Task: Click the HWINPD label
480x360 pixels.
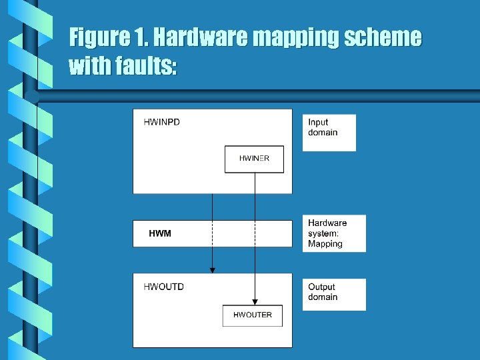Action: (161, 122)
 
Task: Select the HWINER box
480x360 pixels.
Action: (254, 159)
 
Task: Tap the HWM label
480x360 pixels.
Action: (160, 233)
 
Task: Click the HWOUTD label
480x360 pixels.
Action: (163, 287)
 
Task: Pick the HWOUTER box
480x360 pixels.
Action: (252, 315)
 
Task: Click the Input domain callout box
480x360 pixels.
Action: (329, 133)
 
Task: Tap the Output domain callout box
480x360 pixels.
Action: (333, 294)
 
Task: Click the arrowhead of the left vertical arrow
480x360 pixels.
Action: (213, 269)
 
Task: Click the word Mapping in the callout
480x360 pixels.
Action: (325, 244)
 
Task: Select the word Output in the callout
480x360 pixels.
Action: (322, 287)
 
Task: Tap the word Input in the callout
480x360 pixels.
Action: (318, 122)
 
